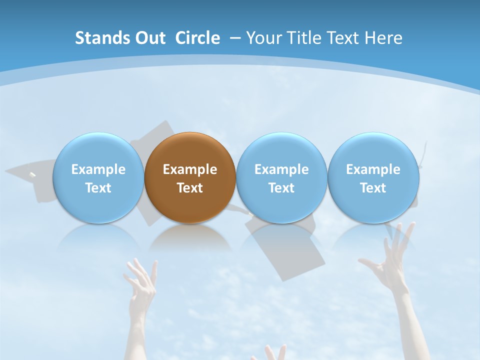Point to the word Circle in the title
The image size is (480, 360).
[x=197, y=38]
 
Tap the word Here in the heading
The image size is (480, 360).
[x=382, y=38]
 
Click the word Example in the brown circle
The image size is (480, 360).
[x=190, y=169]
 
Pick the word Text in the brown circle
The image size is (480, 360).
[x=190, y=188]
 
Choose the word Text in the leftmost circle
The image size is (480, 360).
[x=98, y=188]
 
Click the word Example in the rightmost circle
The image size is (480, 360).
[x=373, y=169]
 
